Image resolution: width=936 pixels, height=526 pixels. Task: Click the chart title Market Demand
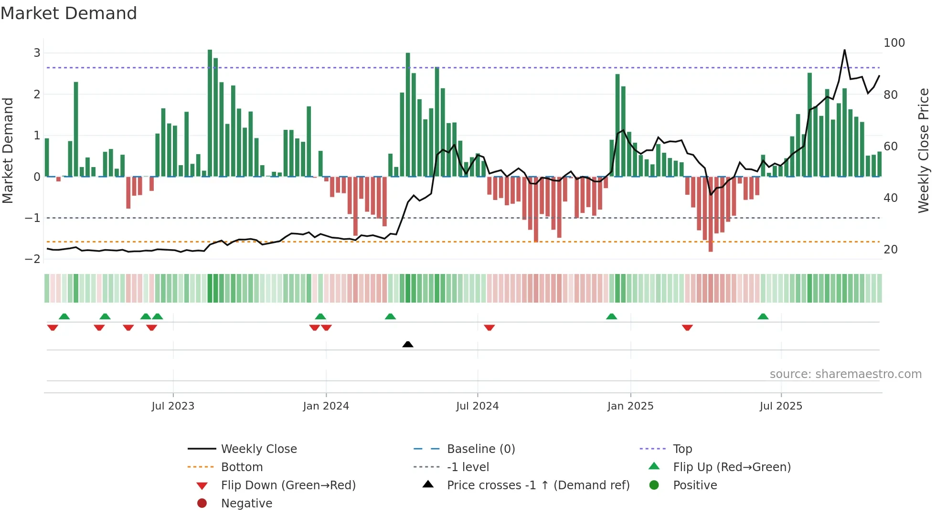tap(69, 13)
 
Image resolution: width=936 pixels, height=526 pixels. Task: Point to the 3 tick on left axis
tap(37, 53)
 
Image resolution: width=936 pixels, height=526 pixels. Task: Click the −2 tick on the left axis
tap(33, 259)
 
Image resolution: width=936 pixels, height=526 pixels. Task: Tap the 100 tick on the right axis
tap(894, 43)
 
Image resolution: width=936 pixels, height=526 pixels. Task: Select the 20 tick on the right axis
tap(890, 250)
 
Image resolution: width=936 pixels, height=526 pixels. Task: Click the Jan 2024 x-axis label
tap(326, 406)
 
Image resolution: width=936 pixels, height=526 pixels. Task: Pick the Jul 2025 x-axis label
tap(781, 406)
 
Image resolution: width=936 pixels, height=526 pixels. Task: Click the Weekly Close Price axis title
tap(924, 150)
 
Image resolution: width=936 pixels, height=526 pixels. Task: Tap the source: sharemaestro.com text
tap(845, 374)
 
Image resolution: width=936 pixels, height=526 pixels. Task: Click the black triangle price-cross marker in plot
tap(408, 344)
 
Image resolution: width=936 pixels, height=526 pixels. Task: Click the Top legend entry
tap(682, 449)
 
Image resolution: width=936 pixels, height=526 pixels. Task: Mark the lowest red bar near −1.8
tap(711, 215)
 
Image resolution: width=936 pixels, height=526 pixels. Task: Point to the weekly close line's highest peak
tap(844, 50)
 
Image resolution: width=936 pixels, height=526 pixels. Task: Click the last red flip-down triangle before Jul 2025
tap(687, 327)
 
